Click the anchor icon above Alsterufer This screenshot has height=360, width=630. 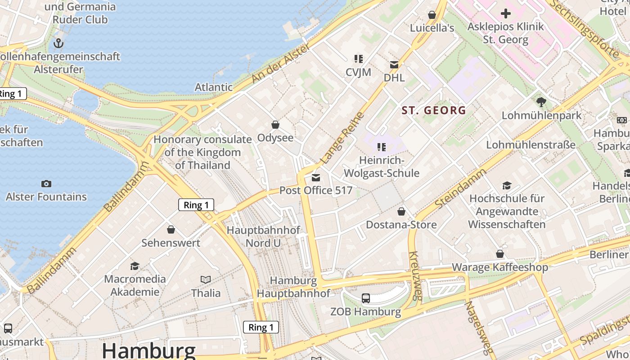click(58, 43)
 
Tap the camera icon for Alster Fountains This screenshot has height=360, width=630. click(46, 184)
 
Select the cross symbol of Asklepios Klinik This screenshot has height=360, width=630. click(506, 13)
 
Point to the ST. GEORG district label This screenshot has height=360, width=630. click(434, 110)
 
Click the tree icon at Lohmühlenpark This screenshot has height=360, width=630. click(541, 102)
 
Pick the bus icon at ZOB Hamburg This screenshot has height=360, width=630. click(366, 298)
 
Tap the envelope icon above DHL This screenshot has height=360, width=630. click(394, 65)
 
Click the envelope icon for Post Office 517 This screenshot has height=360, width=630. click(316, 178)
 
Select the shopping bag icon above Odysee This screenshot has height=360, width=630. click(275, 125)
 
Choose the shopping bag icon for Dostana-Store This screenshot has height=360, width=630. click(401, 211)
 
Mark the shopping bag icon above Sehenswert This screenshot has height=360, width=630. click(171, 230)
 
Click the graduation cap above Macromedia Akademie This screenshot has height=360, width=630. click(135, 266)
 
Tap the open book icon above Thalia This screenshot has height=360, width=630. click(206, 280)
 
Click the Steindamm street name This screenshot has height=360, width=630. click(461, 188)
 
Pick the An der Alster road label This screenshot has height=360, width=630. click(280, 63)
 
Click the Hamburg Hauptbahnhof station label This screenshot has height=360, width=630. click(293, 287)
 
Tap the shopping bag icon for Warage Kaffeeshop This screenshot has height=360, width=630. click(500, 254)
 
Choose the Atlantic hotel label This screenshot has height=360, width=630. click(213, 87)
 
